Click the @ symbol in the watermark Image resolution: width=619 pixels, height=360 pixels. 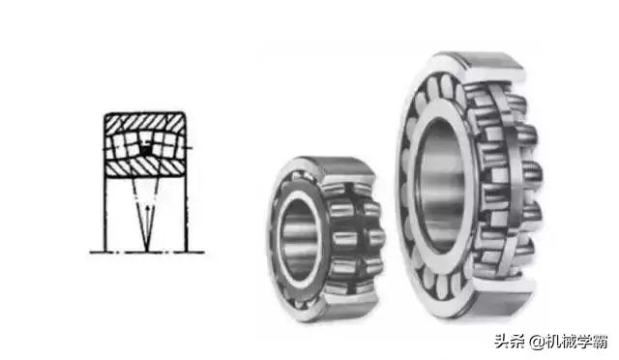click(537, 342)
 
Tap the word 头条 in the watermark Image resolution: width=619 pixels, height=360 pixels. click(511, 341)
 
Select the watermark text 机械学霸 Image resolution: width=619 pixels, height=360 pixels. click(576, 342)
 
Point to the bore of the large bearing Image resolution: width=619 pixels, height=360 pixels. click(442, 186)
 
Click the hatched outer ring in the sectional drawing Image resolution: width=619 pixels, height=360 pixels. click(145, 122)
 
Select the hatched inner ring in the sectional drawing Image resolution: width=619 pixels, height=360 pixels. click(145, 167)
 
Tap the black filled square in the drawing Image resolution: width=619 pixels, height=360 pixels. click(146, 150)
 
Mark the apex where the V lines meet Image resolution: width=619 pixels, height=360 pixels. click(147, 252)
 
